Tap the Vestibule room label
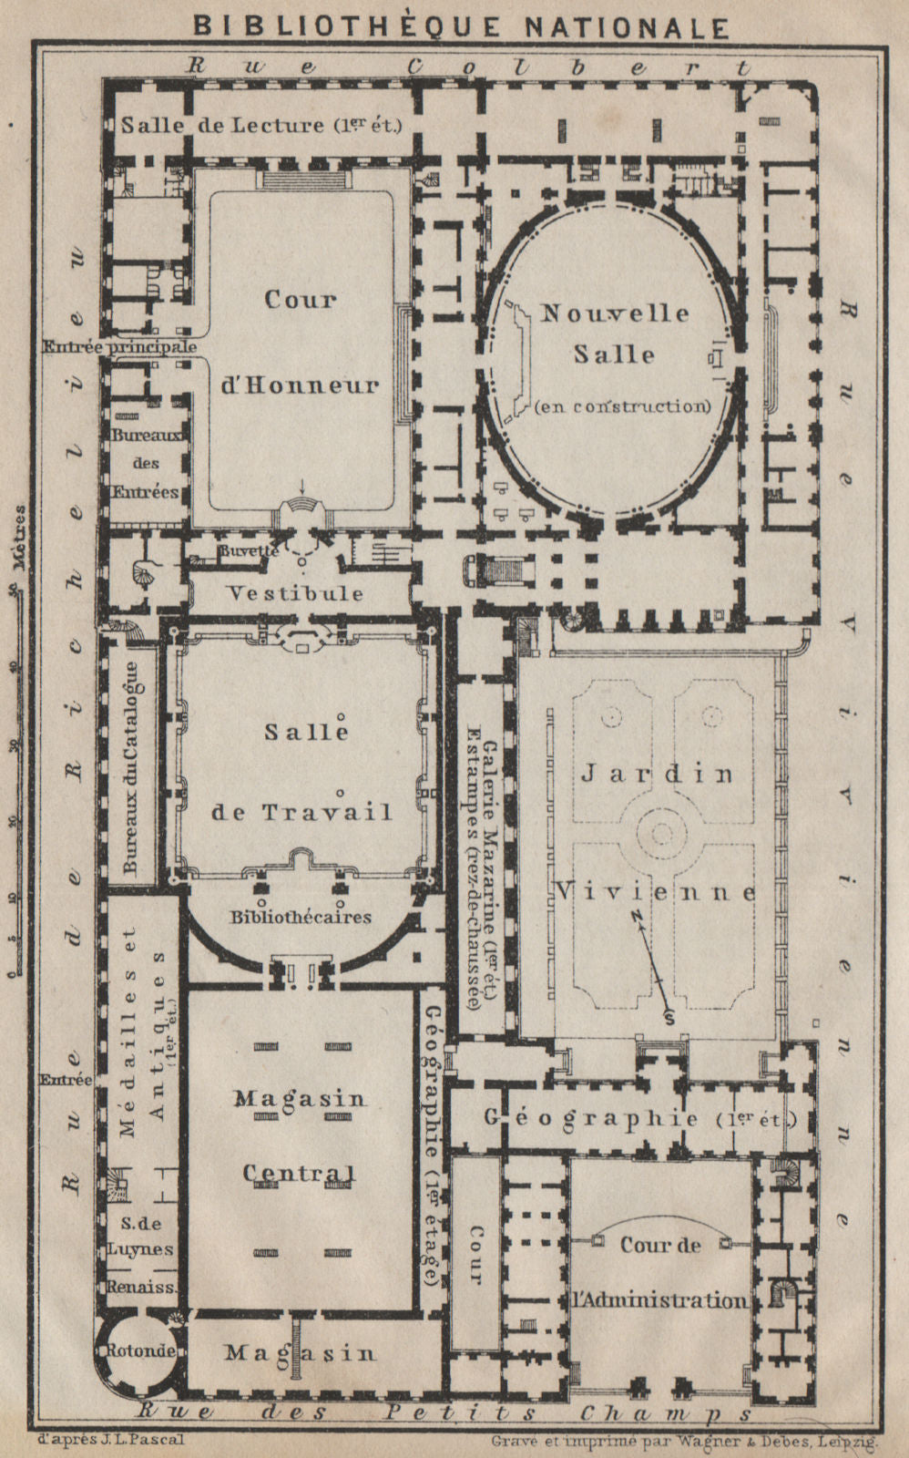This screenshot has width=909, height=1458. [295, 593]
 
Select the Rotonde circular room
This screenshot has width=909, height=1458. [140, 1351]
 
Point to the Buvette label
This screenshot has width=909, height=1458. [248, 552]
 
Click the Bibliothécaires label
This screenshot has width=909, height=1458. [300, 916]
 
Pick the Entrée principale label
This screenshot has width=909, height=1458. [119, 347]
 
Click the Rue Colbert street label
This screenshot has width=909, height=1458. [468, 67]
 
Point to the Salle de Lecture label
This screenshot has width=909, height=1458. [260, 126]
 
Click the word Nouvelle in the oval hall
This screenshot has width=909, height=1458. [615, 313]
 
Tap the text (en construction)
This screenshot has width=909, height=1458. [623, 406]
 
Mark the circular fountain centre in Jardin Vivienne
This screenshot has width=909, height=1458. [660, 831]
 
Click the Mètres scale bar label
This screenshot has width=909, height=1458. [19, 538]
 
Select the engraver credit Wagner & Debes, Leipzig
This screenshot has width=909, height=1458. [683, 1441]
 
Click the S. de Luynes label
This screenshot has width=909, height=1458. [140, 1236]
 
